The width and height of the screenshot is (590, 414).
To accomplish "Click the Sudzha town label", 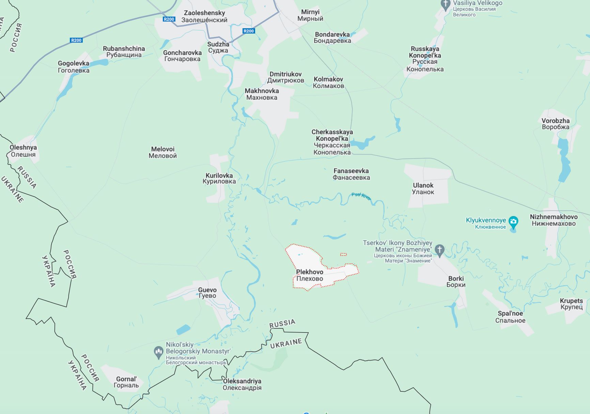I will [x=218, y=47].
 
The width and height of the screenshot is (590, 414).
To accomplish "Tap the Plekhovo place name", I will [x=310, y=275].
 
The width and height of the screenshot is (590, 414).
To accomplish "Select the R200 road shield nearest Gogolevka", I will [x=76, y=40].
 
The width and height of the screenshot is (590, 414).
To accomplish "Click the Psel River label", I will [x=361, y=196].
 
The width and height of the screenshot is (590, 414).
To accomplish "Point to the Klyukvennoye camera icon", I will [x=513, y=222].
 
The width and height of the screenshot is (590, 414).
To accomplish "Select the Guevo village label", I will [x=207, y=293].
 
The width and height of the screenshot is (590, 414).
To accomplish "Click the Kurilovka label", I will [x=219, y=178].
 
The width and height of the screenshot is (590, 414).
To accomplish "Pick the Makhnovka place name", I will [x=262, y=94].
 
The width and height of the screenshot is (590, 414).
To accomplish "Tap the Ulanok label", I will [x=423, y=189].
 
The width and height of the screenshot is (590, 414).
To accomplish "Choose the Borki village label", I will [x=456, y=282].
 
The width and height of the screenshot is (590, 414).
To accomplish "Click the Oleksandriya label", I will [x=242, y=384].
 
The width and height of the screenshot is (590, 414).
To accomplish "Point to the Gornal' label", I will [x=126, y=382].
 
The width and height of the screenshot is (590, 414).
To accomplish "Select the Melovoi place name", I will [x=162, y=152].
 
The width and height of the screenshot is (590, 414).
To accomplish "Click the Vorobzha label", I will [x=555, y=124].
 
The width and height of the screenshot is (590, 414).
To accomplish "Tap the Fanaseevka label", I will [x=351, y=174].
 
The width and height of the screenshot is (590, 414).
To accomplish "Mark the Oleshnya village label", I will [x=23, y=151].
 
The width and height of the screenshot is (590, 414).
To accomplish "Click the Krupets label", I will [x=571, y=304].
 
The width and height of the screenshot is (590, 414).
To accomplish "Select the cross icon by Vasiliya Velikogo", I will [x=445, y=5].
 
